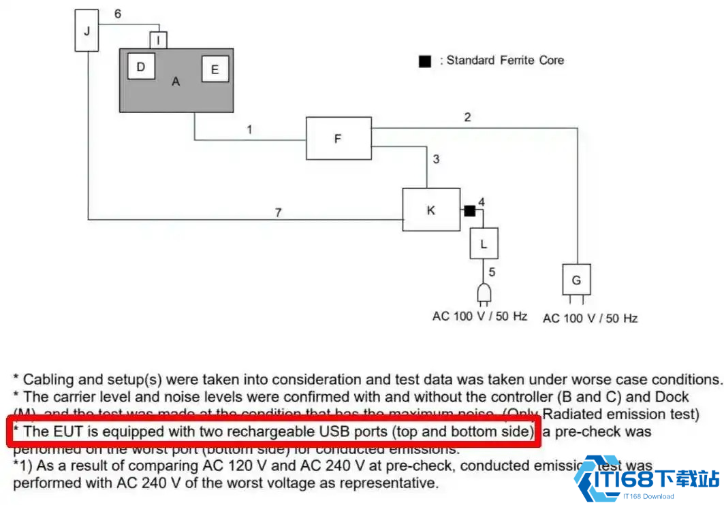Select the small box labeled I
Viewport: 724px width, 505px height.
tap(158, 41)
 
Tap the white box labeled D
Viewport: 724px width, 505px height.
tap(141, 67)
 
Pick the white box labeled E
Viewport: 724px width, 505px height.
tap(215, 69)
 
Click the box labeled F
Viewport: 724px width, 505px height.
tap(338, 139)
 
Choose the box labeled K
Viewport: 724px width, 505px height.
tap(431, 210)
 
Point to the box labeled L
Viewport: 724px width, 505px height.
tap(484, 244)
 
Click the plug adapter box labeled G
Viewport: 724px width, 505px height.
tap(576, 279)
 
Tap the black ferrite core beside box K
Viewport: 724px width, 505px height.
tap(469, 210)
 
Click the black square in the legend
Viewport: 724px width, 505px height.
tap(425, 61)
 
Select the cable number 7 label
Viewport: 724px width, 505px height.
tap(278, 213)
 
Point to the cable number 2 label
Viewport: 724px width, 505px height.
tap(467, 117)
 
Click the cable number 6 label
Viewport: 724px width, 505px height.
tap(118, 14)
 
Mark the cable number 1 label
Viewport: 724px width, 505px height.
tap(250, 129)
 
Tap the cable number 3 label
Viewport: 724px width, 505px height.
tap(436, 159)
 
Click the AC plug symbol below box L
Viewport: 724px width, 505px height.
tap(484, 293)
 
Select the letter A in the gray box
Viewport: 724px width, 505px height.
tap(176, 82)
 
